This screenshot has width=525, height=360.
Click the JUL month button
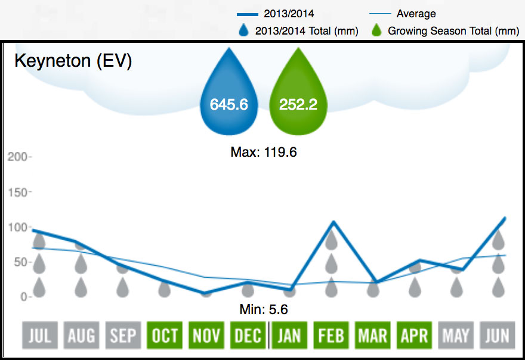coord(39,336)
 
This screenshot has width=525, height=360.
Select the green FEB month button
coord(331,336)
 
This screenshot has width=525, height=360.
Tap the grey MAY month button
coord(456,336)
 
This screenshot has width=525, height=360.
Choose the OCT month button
coord(165,336)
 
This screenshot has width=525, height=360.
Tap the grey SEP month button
coord(123,336)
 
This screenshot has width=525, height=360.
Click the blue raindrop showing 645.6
coord(228,98)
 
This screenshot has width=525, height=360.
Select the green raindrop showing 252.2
coord(298,98)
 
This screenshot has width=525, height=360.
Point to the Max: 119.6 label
coord(263,153)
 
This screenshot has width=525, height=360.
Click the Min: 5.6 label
coord(263,310)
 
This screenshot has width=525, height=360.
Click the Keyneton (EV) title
coord(73,62)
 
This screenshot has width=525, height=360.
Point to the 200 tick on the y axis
coord(18,157)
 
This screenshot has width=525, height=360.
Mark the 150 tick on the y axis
coord(18,192)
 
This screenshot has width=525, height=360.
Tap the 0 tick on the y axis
coord(23,297)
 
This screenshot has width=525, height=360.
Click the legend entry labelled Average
coord(416,14)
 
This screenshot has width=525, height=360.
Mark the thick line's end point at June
coord(505,218)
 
